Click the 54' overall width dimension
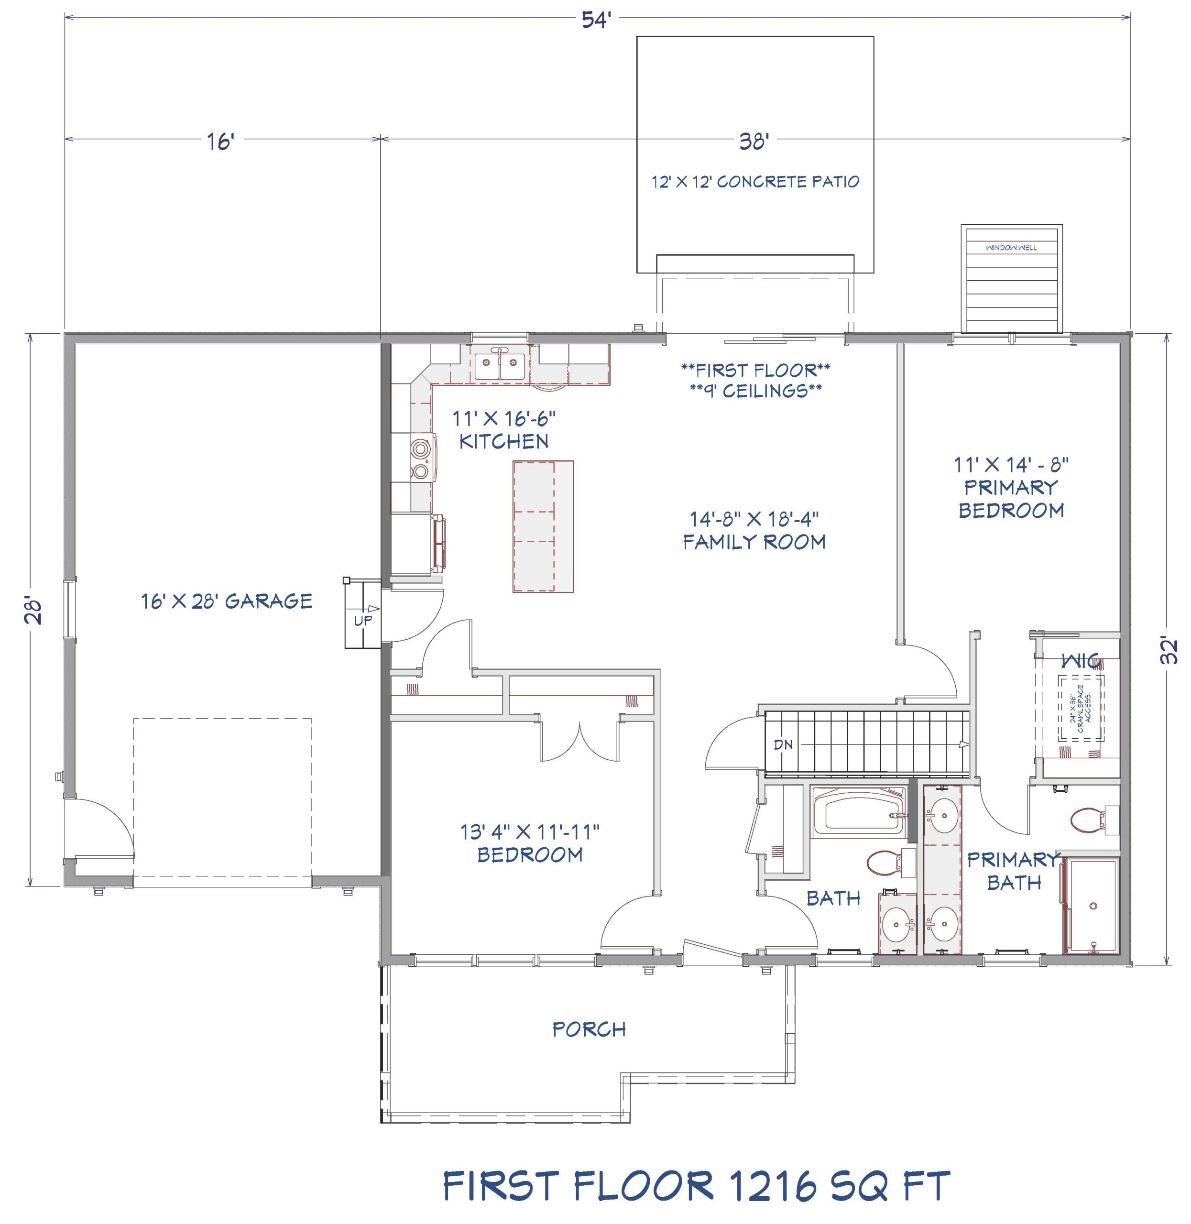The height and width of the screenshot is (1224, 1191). point(596,20)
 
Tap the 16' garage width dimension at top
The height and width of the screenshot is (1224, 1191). point(220,142)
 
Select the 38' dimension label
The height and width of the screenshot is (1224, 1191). point(753,142)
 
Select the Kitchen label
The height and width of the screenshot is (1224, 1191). point(503,442)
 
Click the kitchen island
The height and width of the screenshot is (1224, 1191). point(543,526)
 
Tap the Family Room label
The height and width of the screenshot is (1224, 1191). point(754,542)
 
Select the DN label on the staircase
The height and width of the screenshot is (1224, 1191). point(783,744)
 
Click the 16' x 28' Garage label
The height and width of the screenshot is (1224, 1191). point(227,601)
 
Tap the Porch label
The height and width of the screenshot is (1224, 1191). point(589,1029)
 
